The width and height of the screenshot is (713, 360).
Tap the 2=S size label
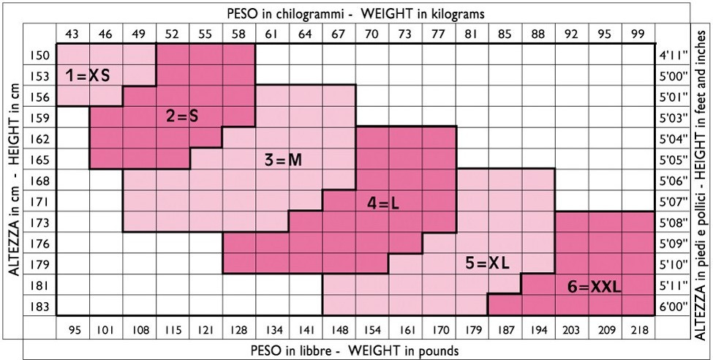tap(182, 116)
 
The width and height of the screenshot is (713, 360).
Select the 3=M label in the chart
tap(283, 160)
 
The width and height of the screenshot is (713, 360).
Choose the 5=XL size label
tap(487, 263)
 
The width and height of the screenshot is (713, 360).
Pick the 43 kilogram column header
tap(72, 34)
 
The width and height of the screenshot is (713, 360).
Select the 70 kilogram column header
tap(372, 34)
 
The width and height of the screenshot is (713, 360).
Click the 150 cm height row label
tap(40, 55)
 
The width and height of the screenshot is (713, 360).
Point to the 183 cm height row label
tap(40, 305)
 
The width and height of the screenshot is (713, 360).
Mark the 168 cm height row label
tap(40, 180)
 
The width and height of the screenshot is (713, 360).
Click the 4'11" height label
tap(671, 55)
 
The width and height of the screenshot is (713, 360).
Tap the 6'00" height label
tap(671, 305)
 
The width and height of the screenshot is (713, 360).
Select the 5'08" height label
tap(671, 222)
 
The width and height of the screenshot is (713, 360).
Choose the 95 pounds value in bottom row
tap(74, 330)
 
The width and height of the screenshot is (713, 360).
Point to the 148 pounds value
tap(339, 330)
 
